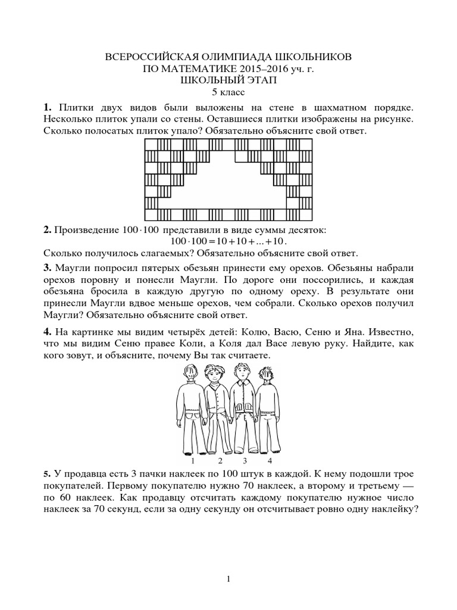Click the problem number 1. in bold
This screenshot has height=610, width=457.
point(47,107)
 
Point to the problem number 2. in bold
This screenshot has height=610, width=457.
point(46,230)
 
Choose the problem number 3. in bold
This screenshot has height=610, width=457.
point(47,266)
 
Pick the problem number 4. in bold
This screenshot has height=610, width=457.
point(47,331)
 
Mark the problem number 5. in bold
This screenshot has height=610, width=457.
point(46,474)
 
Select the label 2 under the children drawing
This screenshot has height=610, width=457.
point(220,460)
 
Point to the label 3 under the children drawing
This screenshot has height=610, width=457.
point(245,460)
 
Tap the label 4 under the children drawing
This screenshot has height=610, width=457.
point(270,460)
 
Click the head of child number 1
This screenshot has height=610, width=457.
point(190,375)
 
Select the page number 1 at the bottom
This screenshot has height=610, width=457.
point(229,578)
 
